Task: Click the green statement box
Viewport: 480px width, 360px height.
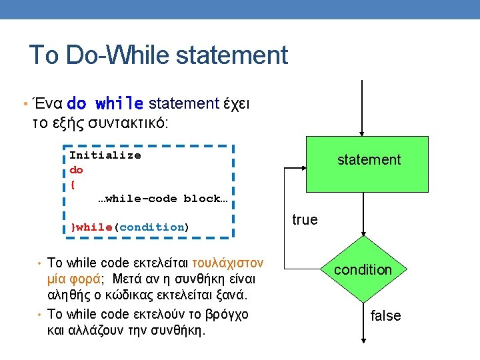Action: coord(367,164)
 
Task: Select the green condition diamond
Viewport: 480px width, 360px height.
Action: coord(363,269)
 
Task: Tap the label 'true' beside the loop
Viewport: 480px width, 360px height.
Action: coord(305,220)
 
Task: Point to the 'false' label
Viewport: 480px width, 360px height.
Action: coord(385,315)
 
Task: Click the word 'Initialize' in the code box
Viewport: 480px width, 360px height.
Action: coord(105,155)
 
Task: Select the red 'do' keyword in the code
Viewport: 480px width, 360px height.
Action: coord(76,170)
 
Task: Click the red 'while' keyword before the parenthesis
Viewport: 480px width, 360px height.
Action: coord(94,227)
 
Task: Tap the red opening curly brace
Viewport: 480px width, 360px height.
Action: coord(73,185)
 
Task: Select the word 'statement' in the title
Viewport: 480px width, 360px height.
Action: coord(232,55)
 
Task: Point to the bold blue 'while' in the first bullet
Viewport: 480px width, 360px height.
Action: coord(119,103)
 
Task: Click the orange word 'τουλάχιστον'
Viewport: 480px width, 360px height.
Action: coord(228,263)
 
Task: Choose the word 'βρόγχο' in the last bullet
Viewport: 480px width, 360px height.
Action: coord(227,315)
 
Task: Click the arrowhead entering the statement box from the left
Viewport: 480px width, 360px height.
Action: coord(304,168)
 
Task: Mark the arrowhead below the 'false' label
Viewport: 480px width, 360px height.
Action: coord(363,341)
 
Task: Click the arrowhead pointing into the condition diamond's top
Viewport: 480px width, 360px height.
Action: coord(363,234)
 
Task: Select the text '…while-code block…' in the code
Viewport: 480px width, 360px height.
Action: coord(163,199)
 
